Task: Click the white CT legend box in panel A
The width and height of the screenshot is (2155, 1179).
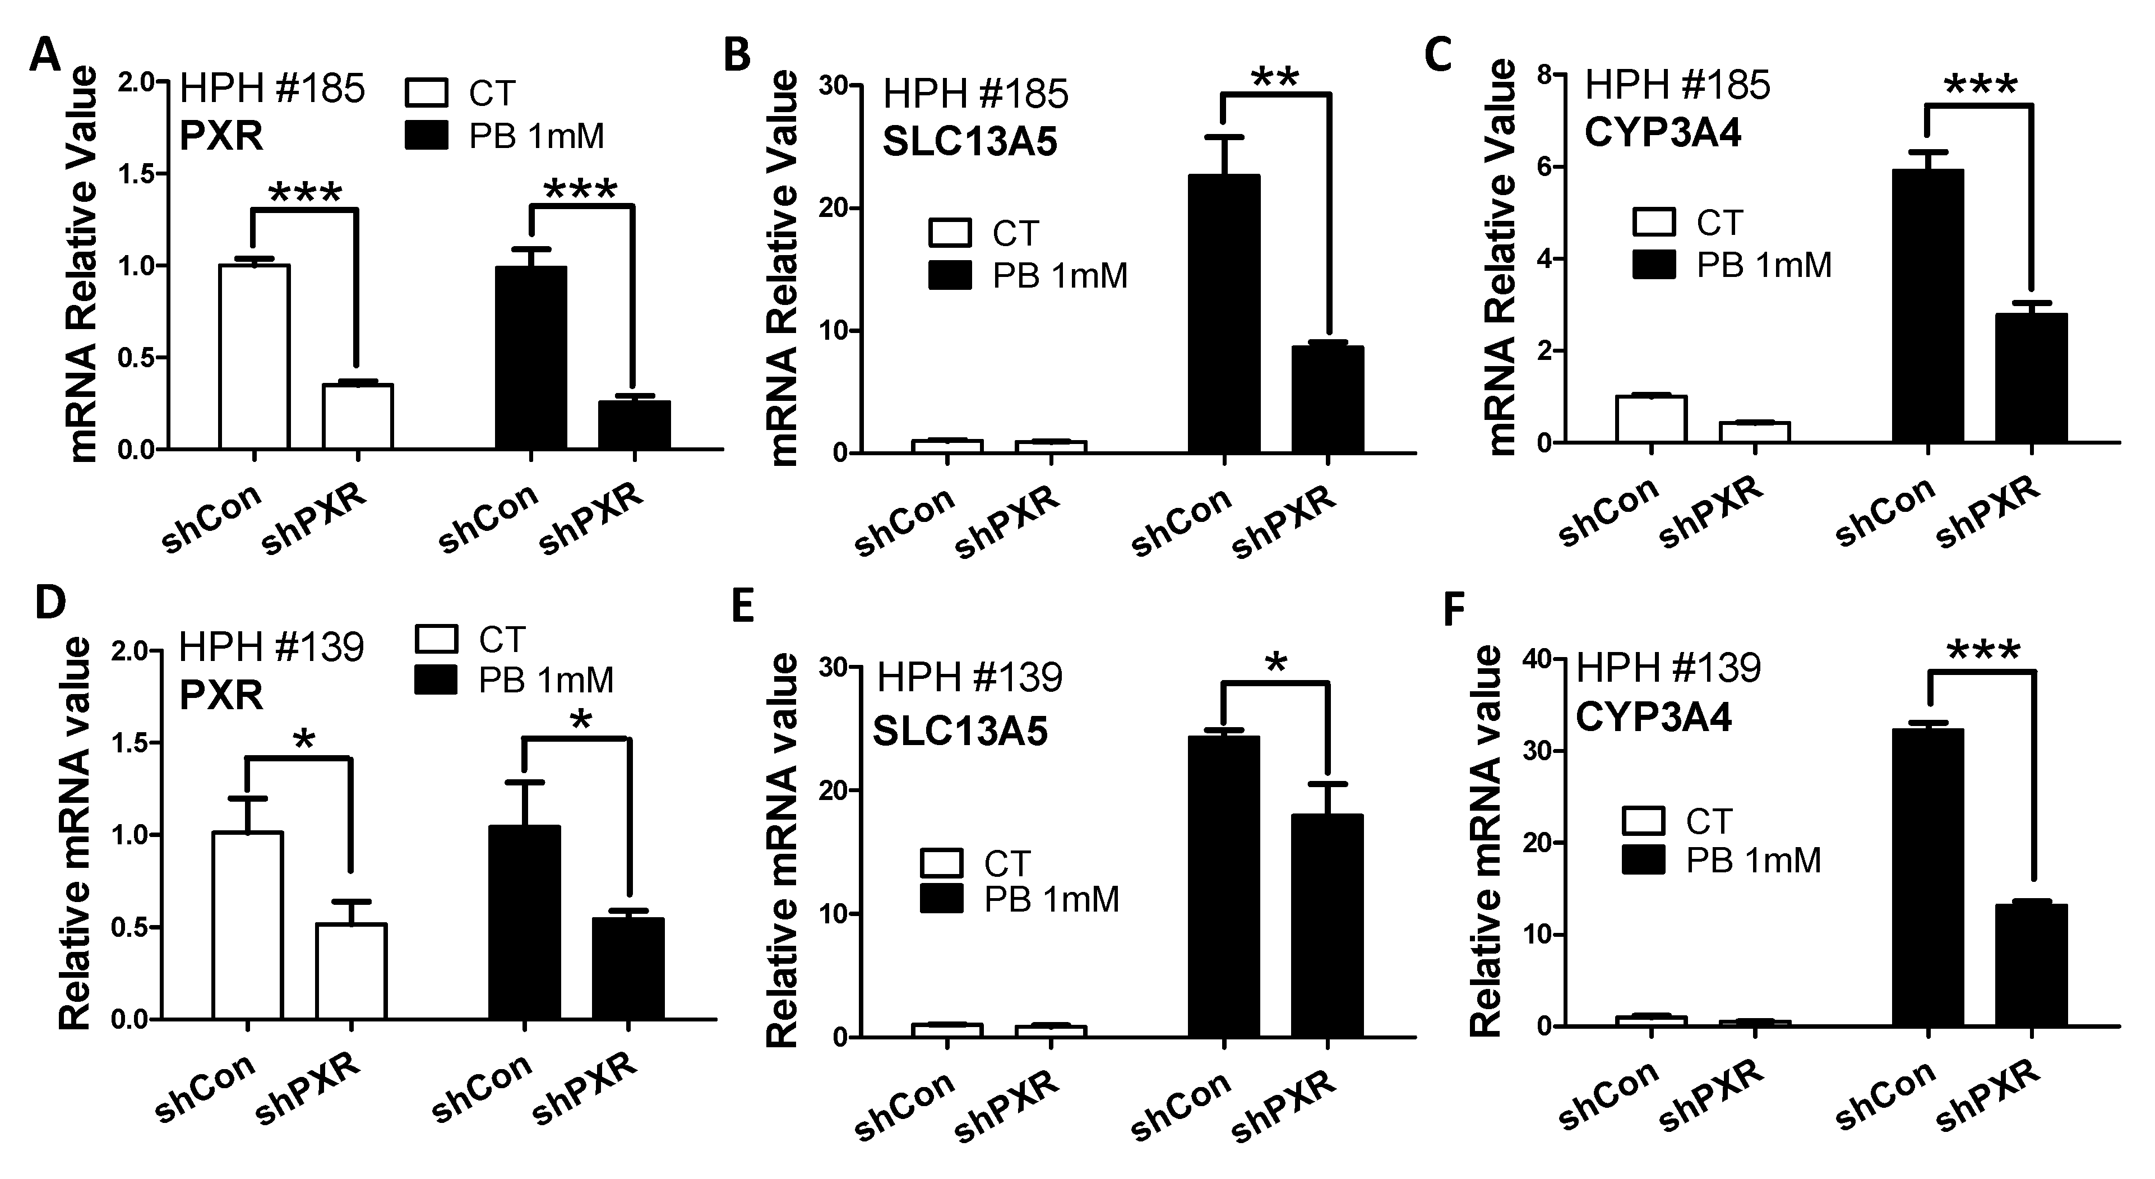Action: (428, 93)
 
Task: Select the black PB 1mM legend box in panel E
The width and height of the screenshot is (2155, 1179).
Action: (941, 899)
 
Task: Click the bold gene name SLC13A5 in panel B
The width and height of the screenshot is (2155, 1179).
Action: (970, 141)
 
